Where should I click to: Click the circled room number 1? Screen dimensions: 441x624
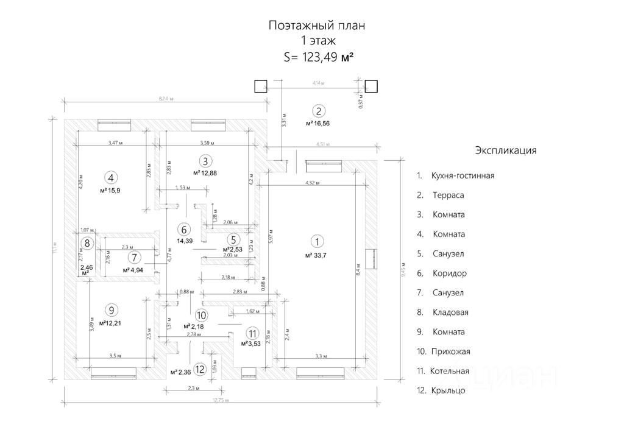[315, 241]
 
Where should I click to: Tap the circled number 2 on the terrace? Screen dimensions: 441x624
[319, 111]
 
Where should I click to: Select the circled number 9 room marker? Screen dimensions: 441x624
[110, 309]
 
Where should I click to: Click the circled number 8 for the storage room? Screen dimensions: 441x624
[87, 243]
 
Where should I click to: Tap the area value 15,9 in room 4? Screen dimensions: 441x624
[113, 191]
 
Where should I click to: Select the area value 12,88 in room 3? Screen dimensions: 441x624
[208, 173]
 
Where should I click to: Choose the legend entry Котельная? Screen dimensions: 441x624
[450, 371]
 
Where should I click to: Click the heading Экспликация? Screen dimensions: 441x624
[505, 150]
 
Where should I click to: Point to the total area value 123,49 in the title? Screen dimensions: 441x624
[316, 57]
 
